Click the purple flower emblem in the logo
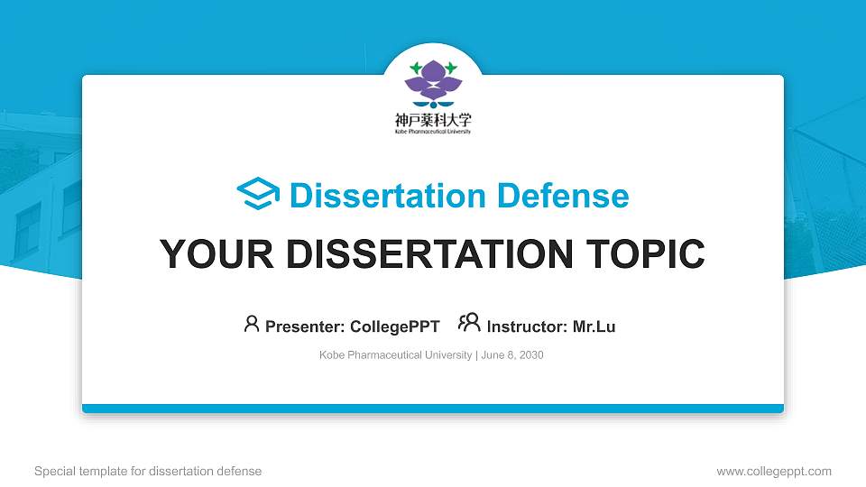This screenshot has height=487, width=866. tap(433, 83)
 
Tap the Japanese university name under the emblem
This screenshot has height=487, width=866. tap(433, 119)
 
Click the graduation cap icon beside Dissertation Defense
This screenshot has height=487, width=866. tap(258, 195)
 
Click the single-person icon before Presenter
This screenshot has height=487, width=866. tap(252, 324)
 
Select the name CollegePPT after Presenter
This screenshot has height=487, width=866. tap(394, 326)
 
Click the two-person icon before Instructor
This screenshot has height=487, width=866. tap(469, 323)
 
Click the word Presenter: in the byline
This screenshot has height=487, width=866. tap(304, 326)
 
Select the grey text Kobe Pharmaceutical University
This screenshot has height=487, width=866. tap(395, 355)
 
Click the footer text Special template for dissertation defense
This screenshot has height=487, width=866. tap(148, 471)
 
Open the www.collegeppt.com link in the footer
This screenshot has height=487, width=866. tap(773, 471)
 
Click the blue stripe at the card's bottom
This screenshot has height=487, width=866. tap(433, 409)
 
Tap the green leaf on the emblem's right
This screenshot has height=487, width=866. tap(451, 68)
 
